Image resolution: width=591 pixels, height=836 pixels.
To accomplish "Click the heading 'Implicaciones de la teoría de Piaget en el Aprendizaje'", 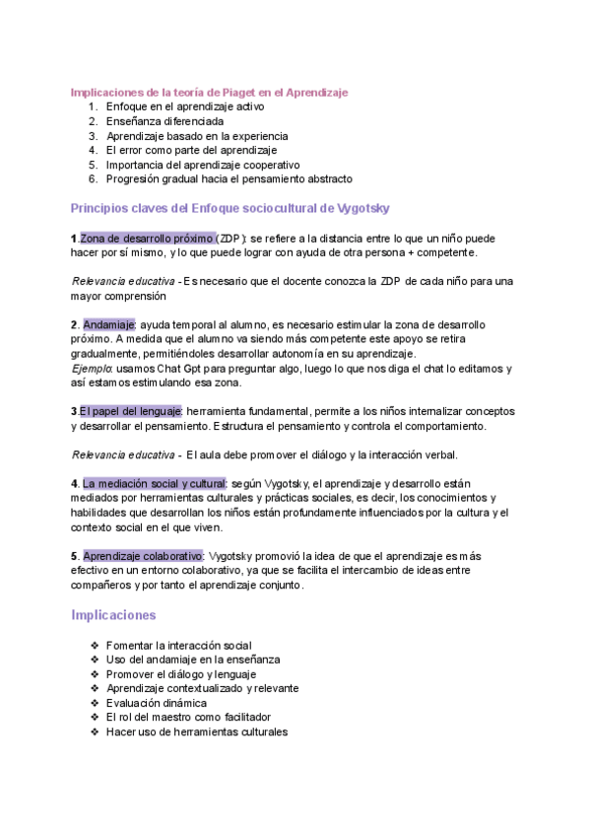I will pos(210,92).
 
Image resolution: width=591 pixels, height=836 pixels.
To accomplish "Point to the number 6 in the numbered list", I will pos(93,179).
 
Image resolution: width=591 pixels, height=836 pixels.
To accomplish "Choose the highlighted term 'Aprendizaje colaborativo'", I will pos(143,555).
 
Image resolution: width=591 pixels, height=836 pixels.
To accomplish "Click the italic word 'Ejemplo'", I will pos(92,369).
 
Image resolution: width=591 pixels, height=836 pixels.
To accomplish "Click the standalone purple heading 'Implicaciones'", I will pos(113,615).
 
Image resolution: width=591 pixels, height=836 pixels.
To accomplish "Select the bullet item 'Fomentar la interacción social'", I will pos(178,645).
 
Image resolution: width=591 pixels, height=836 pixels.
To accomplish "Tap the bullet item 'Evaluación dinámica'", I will pos(156,703).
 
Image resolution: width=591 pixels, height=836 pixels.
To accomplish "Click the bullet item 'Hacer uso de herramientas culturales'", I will pos(196,732).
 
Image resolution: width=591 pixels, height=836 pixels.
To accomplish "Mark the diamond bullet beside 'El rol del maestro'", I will pos(94,718).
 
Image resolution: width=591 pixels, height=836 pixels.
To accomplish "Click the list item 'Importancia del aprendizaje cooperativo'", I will pos(203,165).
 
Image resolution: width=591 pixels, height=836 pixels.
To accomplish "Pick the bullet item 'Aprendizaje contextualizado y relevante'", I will pos(202,688).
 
